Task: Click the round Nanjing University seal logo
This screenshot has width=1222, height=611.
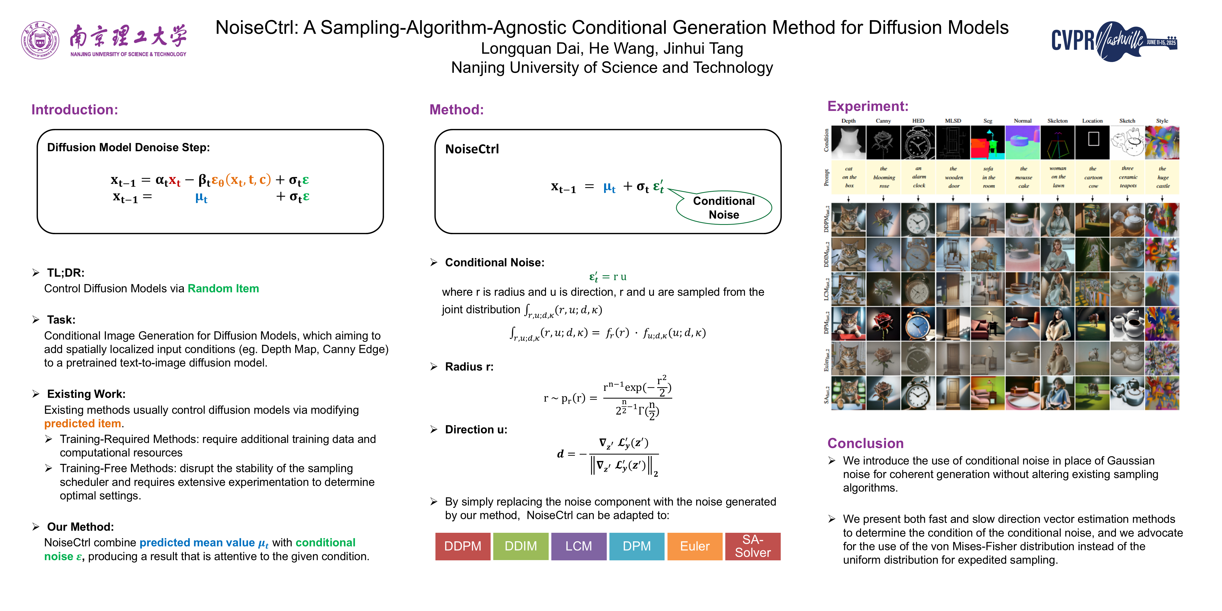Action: [x=40, y=40]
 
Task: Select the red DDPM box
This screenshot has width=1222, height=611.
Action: [x=462, y=546]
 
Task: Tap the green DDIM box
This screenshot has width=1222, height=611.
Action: [x=520, y=546]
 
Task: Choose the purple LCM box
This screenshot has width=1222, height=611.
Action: [x=578, y=546]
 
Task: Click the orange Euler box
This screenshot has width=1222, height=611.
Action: [x=695, y=546]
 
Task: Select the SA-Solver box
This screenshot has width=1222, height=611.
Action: [x=752, y=546]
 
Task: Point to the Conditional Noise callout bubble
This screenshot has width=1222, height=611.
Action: [x=723, y=208]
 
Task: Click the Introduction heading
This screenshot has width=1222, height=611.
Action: [x=75, y=110]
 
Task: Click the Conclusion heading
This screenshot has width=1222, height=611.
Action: [x=865, y=443]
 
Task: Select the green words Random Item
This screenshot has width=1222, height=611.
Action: [x=223, y=289]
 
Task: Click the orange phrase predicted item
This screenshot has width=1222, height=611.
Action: [x=82, y=423]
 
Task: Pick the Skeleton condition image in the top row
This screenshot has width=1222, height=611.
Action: [x=1057, y=142]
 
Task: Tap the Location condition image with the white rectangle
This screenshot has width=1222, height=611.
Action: [x=1093, y=142]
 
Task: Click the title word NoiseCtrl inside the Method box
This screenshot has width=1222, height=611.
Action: [x=472, y=149]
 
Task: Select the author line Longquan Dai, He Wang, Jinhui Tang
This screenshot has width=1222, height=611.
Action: [x=612, y=48]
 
